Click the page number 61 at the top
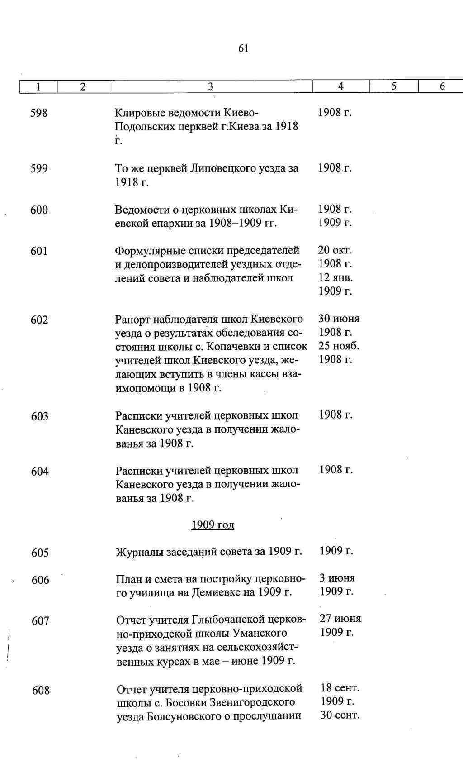click(x=243, y=48)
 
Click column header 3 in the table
click(x=210, y=86)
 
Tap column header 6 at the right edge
click(x=442, y=86)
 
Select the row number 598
click(x=39, y=113)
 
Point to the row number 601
click(x=39, y=251)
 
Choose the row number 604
click(x=40, y=472)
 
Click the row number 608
click(x=41, y=690)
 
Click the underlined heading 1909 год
click(x=213, y=525)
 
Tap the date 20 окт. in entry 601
click(x=335, y=250)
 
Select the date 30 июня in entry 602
click(x=339, y=319)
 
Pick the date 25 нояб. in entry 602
click(x=339, y=346)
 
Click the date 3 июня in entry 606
click(x=337, y=578)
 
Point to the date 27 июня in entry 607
click(x=340, y=619)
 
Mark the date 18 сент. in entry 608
click(x=340, y=688)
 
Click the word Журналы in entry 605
click(x=140, y=552)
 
